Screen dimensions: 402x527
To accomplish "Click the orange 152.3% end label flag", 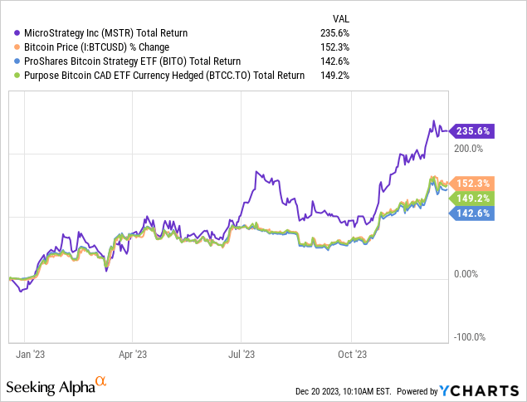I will click(x=472, y=183).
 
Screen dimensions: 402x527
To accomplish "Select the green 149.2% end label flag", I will click(x=472, y=198).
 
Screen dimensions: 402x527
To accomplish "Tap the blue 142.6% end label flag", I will click(x=472, y=213).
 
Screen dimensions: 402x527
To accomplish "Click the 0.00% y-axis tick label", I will click(x=467, y=273).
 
